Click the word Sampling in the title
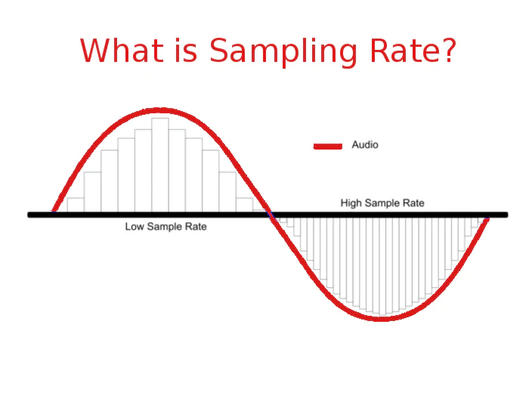283,51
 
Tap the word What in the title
122,50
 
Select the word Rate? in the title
413,50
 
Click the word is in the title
186,50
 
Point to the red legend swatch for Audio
328,146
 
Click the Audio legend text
365,145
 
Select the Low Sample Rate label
166,227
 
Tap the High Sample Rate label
382,203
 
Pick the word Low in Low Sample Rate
135,227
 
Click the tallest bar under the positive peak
160,165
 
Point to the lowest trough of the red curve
381,318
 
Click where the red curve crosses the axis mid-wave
271,215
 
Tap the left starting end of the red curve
54,211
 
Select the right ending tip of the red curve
487,219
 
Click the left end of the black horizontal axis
29,215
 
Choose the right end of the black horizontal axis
506,215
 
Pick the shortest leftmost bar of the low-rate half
76,205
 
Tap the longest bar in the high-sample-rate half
382,266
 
